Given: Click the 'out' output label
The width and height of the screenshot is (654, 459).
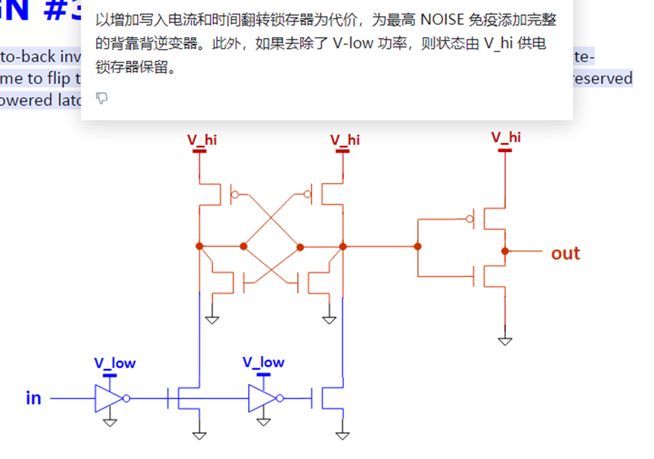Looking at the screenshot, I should [x=565, y=253].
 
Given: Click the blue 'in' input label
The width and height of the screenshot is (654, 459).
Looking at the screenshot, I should [x=33, y=398].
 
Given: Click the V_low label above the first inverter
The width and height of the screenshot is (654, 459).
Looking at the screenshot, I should [x=114, y=363].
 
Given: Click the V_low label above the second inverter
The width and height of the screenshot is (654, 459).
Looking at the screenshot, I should [x=263, y=362].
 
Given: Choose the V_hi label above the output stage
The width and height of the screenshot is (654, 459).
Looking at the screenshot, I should [x=506, y=137].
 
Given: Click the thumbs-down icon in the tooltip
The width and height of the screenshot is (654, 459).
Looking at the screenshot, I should [x=102, y=98].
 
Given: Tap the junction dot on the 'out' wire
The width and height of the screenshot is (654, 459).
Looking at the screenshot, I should [x=505, y=251].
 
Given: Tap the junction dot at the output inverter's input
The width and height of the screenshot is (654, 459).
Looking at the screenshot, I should [x=417, y=247].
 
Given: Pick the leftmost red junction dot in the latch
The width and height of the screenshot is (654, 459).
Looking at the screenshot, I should [x=200, y=247].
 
